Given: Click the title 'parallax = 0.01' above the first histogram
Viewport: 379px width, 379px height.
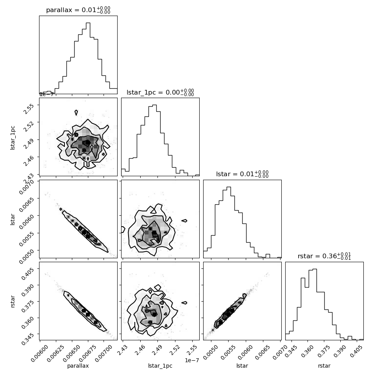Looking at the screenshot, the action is point(71,10).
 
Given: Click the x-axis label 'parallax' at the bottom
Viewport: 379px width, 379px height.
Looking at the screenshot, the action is point(78,366).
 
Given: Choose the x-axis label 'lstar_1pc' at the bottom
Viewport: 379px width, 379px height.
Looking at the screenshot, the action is point(160,366).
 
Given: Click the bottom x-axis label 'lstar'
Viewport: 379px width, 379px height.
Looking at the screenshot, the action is point(242,366).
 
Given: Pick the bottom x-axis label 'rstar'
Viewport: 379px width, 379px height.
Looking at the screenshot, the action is point(324,366).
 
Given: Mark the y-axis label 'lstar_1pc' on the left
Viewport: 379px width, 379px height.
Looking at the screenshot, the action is point(13,138).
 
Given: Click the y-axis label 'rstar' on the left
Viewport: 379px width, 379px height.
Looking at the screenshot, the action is point(13,301).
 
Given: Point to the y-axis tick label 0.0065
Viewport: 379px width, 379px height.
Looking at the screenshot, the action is point(27,204).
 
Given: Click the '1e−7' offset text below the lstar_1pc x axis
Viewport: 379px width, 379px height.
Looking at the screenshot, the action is point(192,360).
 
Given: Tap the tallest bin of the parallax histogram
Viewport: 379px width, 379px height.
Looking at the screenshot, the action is point(88,58).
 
